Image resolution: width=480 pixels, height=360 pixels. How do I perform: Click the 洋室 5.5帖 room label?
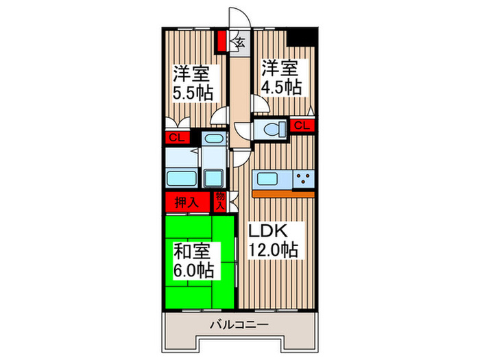(x=192, y=83)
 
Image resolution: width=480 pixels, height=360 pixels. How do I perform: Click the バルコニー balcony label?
(x=238, y=324)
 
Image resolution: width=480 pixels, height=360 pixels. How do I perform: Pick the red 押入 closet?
(x=186, y=202)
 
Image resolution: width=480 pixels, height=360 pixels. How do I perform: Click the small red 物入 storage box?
(x=220, y=200)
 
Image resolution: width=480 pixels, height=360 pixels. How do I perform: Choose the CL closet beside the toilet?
(x=302, y=125)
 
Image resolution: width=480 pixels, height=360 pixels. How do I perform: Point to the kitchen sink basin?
(x=270, y=180)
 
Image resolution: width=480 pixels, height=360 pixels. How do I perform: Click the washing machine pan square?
(x=215, y=177)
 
